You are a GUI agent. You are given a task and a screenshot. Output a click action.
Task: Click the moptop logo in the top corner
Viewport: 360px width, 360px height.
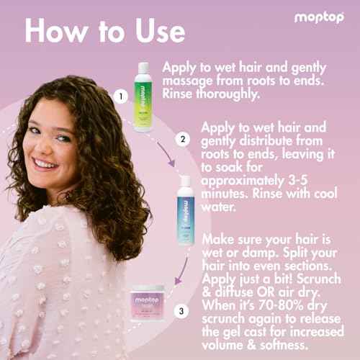[x=319, y=17]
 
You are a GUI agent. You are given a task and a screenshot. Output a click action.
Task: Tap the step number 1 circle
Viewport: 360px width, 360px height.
[x=122, y=95]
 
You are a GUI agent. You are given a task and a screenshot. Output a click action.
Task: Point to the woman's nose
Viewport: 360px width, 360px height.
[x=47, y=145]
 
